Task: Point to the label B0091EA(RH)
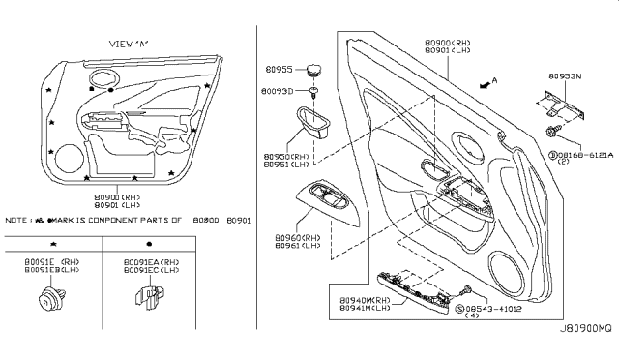(152, 261)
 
